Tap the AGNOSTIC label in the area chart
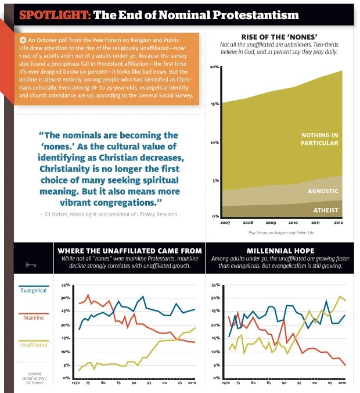coord(322,190)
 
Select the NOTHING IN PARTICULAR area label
coord(319,139)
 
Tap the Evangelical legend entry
coord(34,290)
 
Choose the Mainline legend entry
coord(34,318)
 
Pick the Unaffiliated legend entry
coord(34,345)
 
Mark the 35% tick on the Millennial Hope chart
coord(216,285)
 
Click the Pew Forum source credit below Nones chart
coord(280,232)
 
